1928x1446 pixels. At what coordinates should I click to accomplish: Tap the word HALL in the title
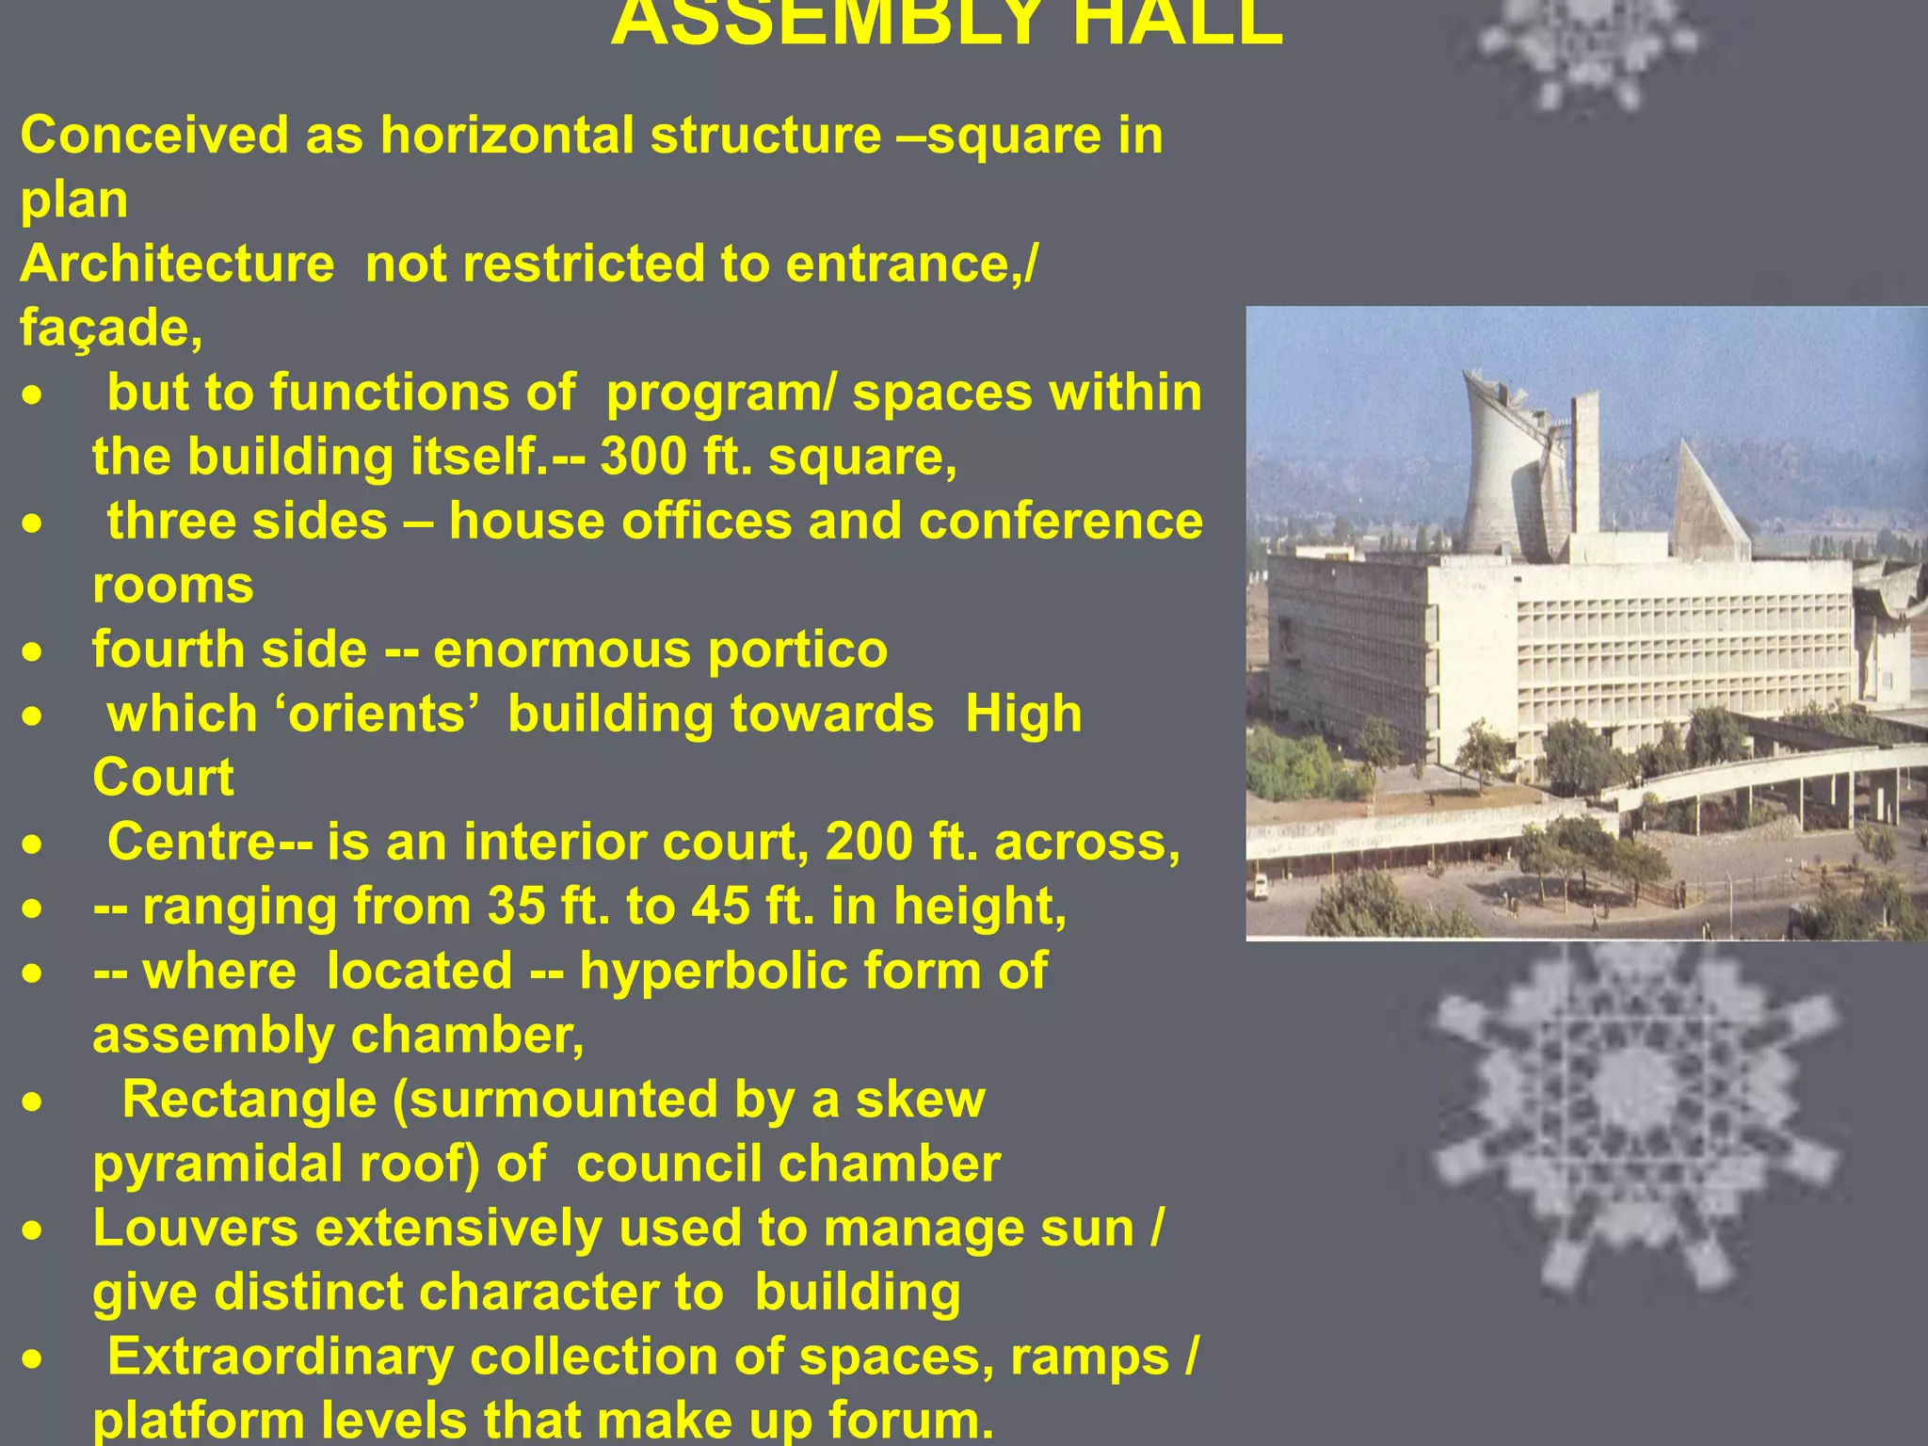pyautogui.click(x=1177, y=24)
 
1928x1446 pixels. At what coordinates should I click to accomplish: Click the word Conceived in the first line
pyautogui.click(x=154, y=136)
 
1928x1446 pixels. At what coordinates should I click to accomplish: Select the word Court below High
pyautogui.click(x=163, y=779)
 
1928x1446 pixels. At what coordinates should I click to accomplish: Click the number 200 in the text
pyautogui.click(x=868, y=843)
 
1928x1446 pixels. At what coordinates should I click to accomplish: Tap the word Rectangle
pyautogui.click(x=249, y=1100)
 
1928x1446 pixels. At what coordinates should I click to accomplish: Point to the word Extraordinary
pyautogui.click(x=280, y=1358)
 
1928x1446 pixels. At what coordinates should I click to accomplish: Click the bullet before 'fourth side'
pyautogui.click(x=33, y=651)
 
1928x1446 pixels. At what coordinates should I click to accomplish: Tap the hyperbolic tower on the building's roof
pyautogui.click(x=1511, y=461)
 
